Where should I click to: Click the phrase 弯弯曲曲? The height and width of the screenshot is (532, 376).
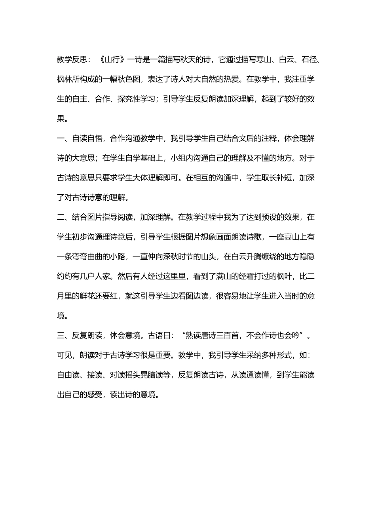pos(91,257)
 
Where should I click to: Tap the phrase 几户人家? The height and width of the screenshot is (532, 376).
pos(95,277)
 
